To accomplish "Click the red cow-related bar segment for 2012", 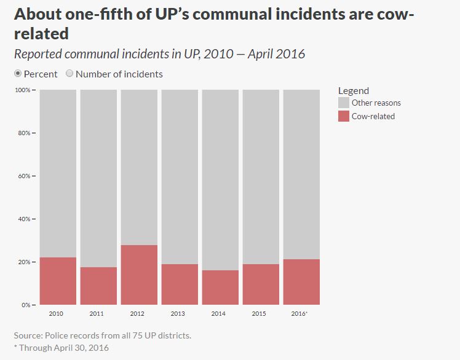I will point(139,275).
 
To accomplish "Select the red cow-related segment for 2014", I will point(220,288).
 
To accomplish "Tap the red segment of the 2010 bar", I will point(58,281).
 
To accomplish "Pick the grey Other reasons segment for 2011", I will point(98,178).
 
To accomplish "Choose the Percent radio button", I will point(18,74).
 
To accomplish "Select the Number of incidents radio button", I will point(69,74).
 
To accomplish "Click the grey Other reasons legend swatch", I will point(344,103).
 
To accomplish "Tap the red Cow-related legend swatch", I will point(344,116).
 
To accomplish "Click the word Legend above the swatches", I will point(354,91).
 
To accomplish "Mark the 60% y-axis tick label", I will point(24,176).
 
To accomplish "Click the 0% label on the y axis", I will point(26,305).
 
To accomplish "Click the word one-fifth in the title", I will point(90,14).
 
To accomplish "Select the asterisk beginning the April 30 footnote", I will point(15,347).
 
